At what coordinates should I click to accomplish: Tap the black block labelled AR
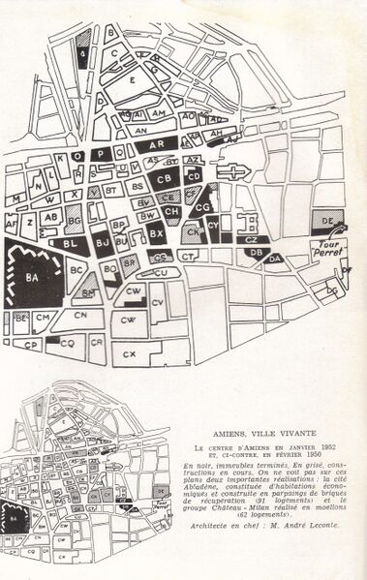tap(163, 143)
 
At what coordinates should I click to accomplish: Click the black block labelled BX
tap(156, 233)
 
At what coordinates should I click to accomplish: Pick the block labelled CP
tap(31, 344)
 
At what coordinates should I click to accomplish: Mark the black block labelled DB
tap(256, 253)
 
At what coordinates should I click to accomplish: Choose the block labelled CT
tap(189, 256)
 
